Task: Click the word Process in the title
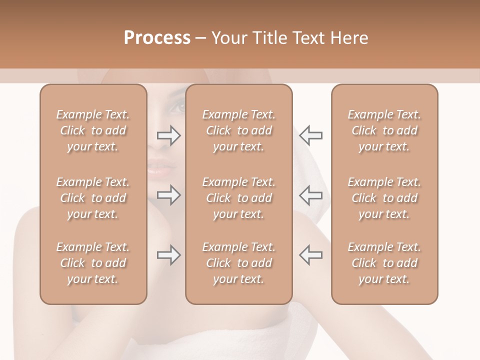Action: tap(157, 38)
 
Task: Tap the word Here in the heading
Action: tap(348, 38)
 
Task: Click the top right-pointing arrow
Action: tap(169, 135)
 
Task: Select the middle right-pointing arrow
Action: tap(169, 195)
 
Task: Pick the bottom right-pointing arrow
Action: tap(169, 255)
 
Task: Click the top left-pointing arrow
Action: tap(311, 135)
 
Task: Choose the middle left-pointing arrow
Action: tap(311, 195)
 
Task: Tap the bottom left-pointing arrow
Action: tap(311, 255)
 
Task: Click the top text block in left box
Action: tap(93, 130)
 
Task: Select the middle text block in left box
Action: tap(93, 198)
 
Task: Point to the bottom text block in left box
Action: tap(93, 263)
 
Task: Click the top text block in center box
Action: tap(238, 130)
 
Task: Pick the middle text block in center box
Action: tap(238, 198)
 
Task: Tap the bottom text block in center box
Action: tap(238, 263)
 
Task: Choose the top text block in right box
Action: tap(384, 130)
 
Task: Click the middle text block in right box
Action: tap(384, 198)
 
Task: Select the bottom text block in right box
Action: tap(384, 263)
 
